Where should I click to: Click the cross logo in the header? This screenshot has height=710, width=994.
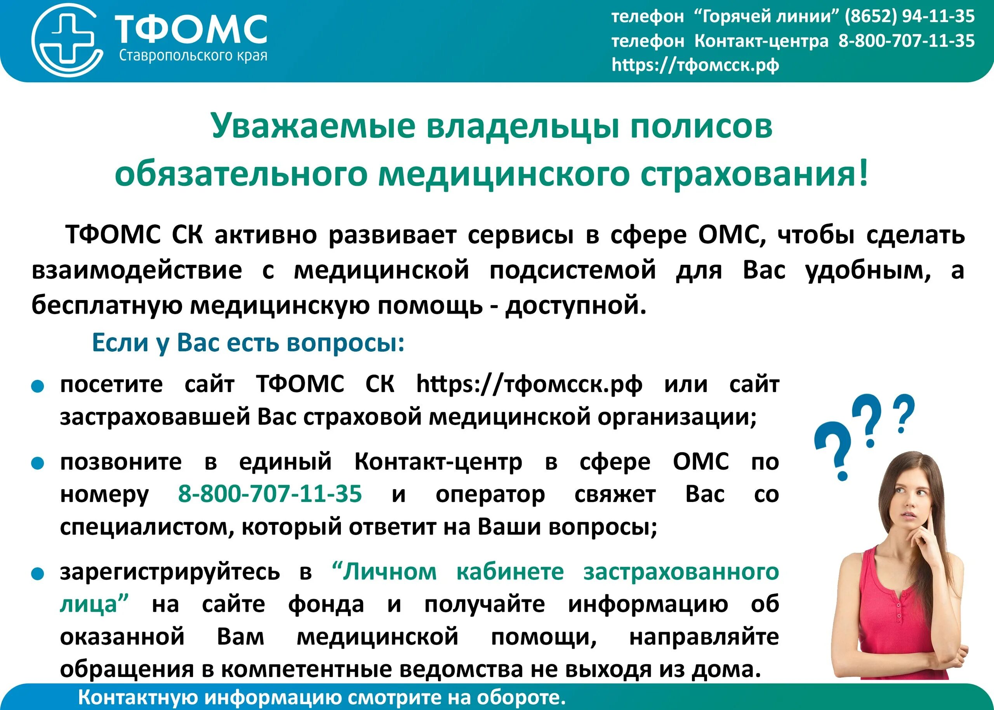pos(66,41)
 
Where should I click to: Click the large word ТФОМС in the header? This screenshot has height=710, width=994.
pos(191,30)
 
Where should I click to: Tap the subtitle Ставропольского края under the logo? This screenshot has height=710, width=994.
pos(193,56)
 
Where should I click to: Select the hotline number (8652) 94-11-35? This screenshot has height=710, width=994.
pos(909,16)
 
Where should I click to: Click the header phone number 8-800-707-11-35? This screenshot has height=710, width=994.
pos(906,41)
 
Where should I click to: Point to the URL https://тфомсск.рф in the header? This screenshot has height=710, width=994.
pos(695,65)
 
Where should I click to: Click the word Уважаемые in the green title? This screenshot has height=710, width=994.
pos(312,126)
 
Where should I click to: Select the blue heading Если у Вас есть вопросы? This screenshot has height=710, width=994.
pos(248,342)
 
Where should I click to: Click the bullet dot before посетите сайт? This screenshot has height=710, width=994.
pos(38,387)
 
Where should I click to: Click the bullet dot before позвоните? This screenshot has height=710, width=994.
pos(38,463)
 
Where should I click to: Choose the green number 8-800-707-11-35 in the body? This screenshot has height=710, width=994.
pos(270,494)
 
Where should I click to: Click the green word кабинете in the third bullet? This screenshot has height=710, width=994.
pos(510,571)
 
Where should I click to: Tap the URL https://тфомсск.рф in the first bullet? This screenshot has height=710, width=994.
pos(529,385)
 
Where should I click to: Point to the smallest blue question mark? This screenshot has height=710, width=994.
pos(904,413)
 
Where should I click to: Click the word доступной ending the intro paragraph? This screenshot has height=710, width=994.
pos(575,305)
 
